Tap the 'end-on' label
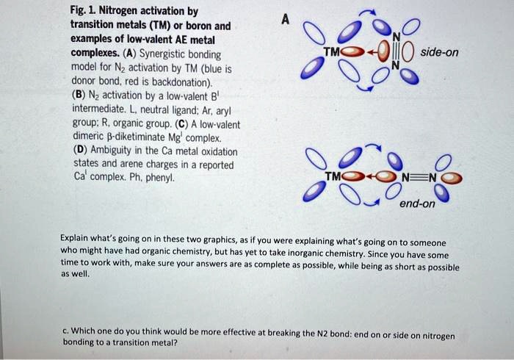417,204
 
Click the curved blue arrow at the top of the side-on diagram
374,13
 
